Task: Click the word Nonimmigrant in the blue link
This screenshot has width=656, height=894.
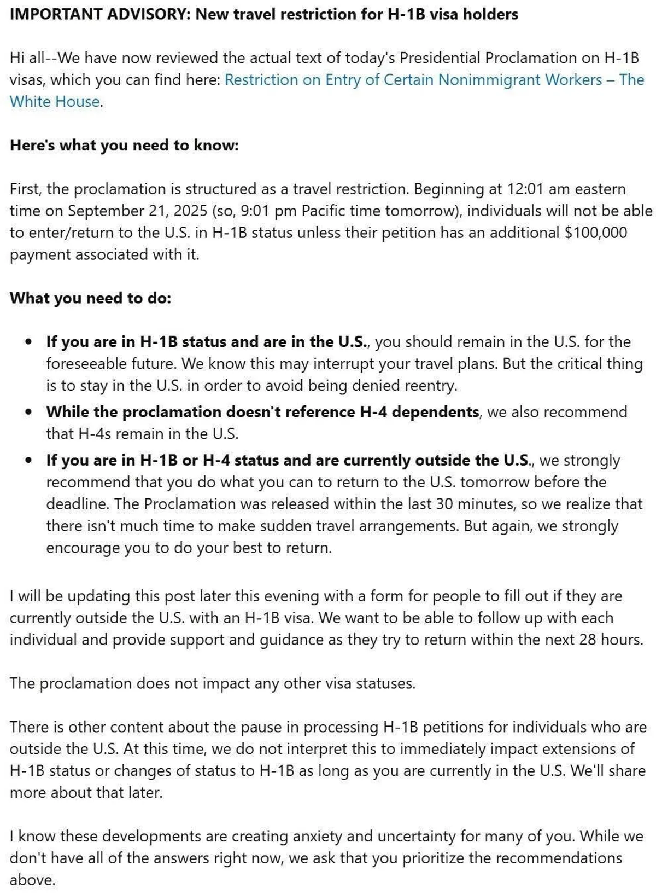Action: point(491,80)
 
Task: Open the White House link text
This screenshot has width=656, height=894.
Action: point(55,102)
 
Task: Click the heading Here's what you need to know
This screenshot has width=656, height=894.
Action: point(124,146)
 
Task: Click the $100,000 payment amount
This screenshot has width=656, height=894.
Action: point(596,233)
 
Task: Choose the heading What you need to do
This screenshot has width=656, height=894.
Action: point(90,298)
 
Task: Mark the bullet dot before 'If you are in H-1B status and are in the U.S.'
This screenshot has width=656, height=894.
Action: point(29,342)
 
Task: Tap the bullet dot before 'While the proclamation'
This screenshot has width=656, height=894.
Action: point(29,412)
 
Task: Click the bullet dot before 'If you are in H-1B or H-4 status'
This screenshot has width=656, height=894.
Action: point(29,460)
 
